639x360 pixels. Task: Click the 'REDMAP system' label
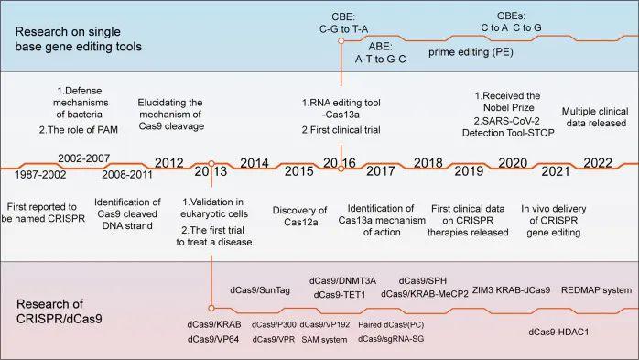pos(596,290)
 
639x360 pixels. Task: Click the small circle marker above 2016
pos(341,41)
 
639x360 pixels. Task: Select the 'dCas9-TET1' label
pos(341,294)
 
